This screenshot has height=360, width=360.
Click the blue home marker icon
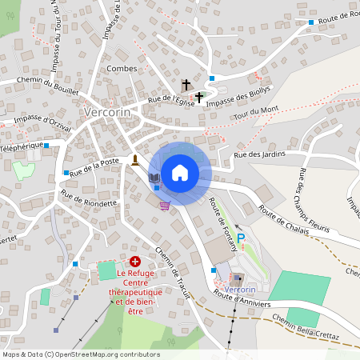coord(180,172)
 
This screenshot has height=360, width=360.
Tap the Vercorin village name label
coord(106,112)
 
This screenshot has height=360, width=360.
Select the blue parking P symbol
coord(241,238)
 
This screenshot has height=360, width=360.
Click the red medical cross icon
coord(135,262)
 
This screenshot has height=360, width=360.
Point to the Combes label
coord(122,70)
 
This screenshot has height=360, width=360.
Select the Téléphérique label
coord(20,149)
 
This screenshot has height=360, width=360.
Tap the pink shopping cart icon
coord(165,206)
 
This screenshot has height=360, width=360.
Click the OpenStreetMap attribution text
coord(81,354)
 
